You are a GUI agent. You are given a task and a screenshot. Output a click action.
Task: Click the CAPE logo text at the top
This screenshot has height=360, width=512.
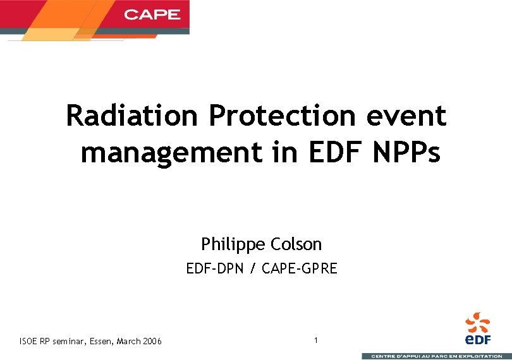[152, 14]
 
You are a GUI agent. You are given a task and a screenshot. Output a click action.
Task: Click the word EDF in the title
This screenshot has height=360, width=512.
[332, 152]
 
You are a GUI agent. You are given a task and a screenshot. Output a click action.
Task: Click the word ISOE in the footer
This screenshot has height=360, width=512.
[28, 342]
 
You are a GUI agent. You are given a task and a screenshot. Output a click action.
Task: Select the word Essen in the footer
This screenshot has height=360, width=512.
[98, 342]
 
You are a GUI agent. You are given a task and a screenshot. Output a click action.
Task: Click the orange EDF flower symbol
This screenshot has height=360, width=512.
[478, 321]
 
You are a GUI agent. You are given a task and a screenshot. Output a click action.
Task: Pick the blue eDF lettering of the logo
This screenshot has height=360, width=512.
[478, 340]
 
